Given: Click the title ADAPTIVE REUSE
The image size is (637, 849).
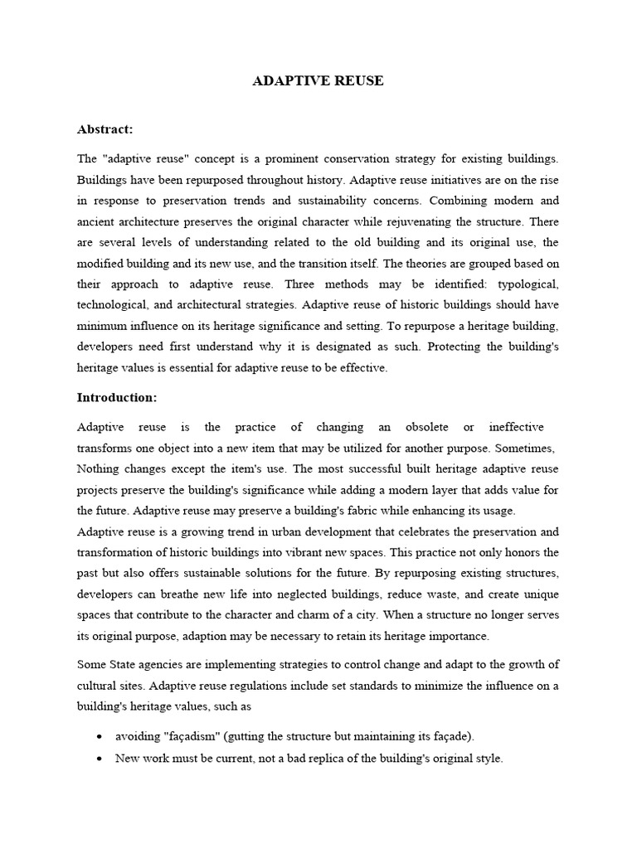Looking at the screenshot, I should pos(318,81).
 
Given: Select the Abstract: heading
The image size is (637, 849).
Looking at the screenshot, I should pos(105,129).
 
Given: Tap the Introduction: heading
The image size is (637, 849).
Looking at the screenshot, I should pos(117,397).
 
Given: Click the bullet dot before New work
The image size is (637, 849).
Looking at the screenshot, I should pos(100,759).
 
